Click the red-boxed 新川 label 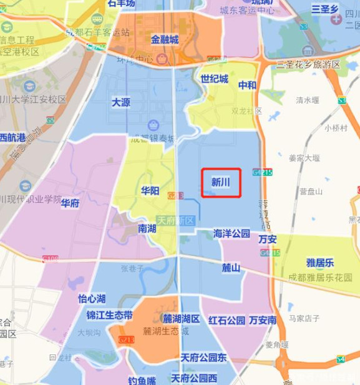coord(221,183)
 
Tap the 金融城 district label coord(165,39)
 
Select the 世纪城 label coord(214,79)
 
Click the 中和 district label coord(247,85)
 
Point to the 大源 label coord(121,102)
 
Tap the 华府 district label coord(70,203)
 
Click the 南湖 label coord(147,228)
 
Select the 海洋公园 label coord(231,233)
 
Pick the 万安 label coord(267,239)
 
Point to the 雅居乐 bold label coord(320,263)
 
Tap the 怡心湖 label coord(92,299)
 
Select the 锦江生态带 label coord(109,315)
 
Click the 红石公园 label coord(226,320)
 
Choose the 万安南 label coord(263,320)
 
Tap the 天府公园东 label coord(203,358)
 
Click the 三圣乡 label coord(324,9)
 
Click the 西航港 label coord(12,137)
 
